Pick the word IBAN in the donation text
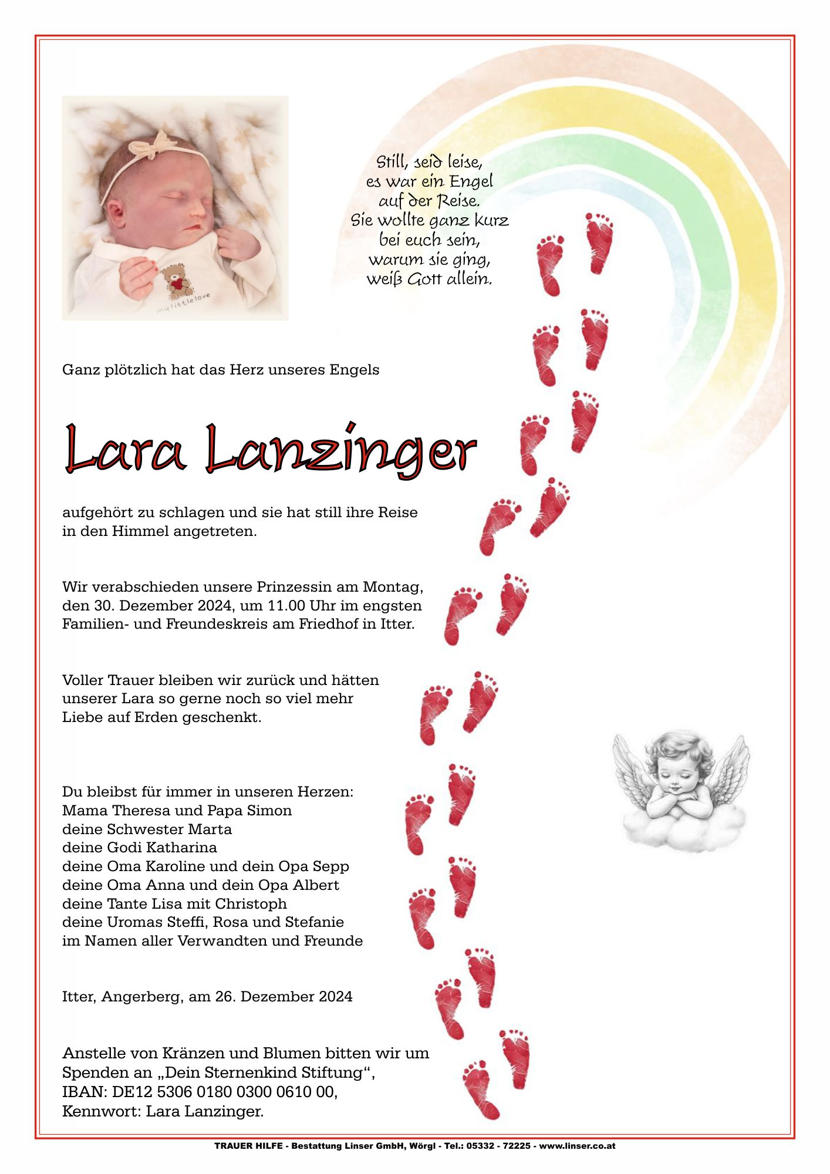(82, 1092)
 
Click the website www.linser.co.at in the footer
(578, 1146)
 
